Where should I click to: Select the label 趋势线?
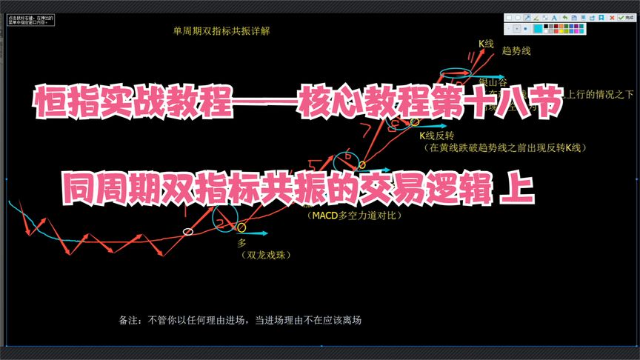516,51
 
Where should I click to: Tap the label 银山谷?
492,81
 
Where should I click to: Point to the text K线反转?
436,136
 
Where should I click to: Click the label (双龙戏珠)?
263,254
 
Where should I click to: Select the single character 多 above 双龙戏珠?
241,243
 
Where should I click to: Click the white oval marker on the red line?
188,232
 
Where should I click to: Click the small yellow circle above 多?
241,227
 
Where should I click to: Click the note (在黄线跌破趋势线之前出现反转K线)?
505,148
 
